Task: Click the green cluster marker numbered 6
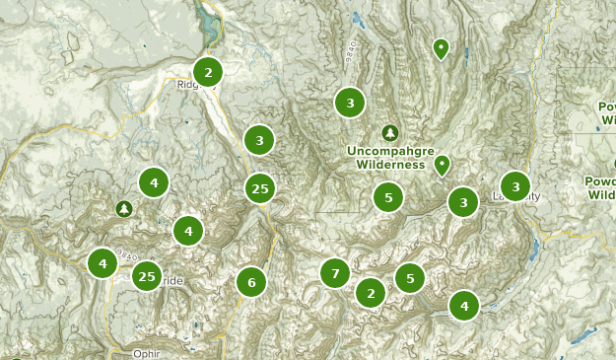pyautogui.click(x=251, y=283)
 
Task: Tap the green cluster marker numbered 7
pyautogui.click(x=335, y=273)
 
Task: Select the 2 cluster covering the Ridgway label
pyautogui.click(x=207, y=71)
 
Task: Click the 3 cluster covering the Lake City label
pyautogui.click(x=514, y=185)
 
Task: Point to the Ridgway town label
pyautogui.click(x=188, y=85)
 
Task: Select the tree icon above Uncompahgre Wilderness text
pyautogui.click(x=390, y=132)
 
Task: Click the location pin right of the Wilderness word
pyautogui.click(x=443, y=164)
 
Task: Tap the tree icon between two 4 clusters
pyautogui.click(x=123, y=208)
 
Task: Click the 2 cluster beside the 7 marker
pyautogui.click(x=370, y=293)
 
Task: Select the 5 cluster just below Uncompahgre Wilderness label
pyautogui.click(x=388, y=198)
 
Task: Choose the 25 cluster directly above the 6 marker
pyautogui.click(x=259, y=188)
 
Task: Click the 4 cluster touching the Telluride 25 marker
pyautogui.click(x=103, y=263)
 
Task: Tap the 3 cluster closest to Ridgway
pyautogui.click(x=258, y=140)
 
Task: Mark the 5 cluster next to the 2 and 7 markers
pyautogui.click(x=409, y=278)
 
